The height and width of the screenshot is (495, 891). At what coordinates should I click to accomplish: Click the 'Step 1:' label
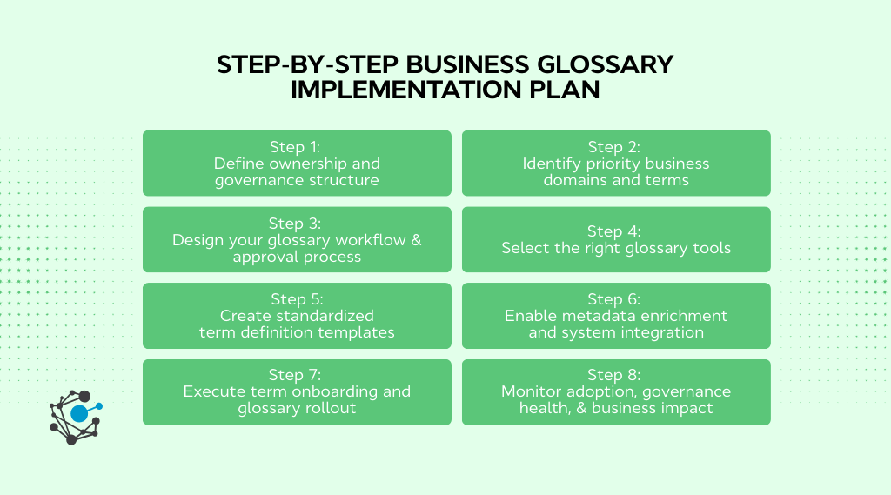[297, 147]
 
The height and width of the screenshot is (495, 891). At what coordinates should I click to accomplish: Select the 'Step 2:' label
[615, 147]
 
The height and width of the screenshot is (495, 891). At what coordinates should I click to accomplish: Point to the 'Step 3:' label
[297, 224]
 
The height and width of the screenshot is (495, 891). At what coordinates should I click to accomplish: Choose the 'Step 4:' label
[615, 231]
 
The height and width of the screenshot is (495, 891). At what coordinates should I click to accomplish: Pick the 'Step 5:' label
[297, 299]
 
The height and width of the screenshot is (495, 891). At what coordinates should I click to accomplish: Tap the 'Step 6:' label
[615, 299]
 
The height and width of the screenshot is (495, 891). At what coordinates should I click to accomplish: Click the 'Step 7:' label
[297, 375]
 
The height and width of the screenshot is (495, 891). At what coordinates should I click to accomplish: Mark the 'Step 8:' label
[615, 375]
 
